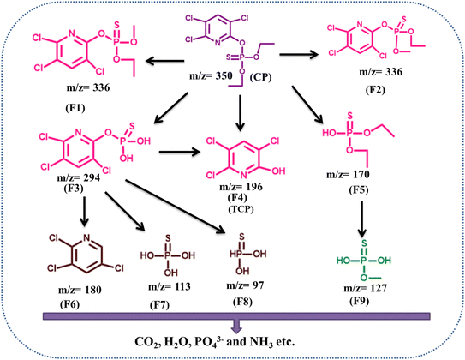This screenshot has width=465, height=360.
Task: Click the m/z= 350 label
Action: pos(212,76)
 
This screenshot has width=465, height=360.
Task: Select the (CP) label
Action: pos(261,77)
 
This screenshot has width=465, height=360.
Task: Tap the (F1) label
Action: pos(75,108)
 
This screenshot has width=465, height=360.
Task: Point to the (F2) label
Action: pos(375,90)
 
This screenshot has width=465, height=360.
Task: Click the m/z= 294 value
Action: pos(79,178)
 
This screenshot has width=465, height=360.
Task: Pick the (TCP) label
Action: pos(241,209)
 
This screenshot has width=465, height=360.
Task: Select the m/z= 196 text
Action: pos(241,187)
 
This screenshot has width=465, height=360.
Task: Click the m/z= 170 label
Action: pos(348,175)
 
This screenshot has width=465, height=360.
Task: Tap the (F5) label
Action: pos(359,190)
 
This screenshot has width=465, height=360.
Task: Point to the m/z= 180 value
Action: pos(80,290)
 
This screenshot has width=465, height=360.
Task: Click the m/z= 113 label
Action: pos(169,286)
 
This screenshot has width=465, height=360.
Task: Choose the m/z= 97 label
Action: pos(245,285)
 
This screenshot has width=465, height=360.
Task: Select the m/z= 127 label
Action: pos(365,288)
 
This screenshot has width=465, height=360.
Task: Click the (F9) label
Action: pos(359,302)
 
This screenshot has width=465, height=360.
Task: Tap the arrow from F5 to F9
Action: pos(361,219)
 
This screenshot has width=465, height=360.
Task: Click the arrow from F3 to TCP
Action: pos(180,153)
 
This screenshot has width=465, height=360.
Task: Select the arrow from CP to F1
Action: pos(165,62)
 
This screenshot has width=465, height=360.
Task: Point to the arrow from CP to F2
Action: pos(299,54)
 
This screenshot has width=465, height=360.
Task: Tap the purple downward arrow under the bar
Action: pos(236,327)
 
